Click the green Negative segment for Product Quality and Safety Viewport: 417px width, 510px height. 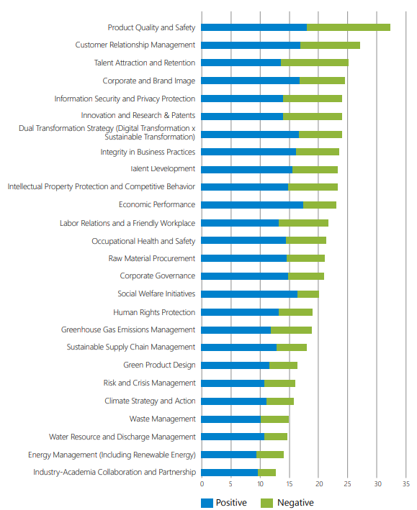349,27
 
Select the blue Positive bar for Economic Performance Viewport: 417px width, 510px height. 252,205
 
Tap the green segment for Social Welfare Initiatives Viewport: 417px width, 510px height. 308,294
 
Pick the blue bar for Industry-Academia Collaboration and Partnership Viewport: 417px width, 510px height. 229,473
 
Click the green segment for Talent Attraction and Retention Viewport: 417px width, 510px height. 315,63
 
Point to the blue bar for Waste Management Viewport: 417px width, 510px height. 230,419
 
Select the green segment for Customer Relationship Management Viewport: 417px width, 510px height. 330,45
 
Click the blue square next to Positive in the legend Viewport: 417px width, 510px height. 207,503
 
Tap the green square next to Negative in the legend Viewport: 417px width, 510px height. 266,503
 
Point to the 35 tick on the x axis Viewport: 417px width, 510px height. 406,484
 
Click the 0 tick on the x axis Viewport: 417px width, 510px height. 202,484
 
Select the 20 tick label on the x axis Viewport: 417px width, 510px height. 319,484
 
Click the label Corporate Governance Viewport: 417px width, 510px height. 158,276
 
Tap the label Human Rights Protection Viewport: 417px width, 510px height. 154,312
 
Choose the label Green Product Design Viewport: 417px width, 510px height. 159,365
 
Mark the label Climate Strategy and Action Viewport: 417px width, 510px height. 150,401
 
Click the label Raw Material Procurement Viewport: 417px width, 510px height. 152,258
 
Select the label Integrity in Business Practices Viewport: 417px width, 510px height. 148,152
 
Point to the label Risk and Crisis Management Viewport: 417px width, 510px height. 150,383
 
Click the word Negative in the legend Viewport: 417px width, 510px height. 295,503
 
